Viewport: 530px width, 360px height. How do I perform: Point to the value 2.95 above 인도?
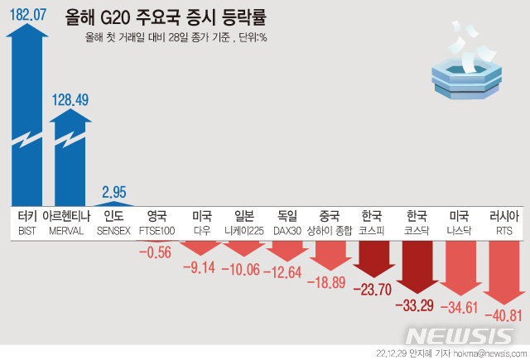113,192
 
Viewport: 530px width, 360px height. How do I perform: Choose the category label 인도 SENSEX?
113,221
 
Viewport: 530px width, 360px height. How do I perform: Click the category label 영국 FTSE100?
156,221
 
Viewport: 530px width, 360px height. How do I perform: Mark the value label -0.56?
156,252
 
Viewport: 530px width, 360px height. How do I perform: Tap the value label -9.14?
201,266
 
